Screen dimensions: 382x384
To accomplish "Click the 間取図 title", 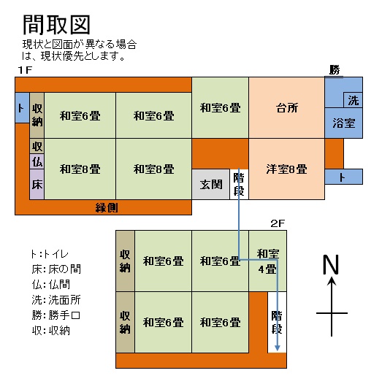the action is tap(56, 25).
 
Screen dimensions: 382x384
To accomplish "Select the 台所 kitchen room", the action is tap(287, 108).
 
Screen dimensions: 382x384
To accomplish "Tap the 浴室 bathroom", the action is tap(344, 123).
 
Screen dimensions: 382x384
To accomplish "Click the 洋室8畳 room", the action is tap(287, 169).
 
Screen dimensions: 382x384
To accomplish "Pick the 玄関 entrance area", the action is tap(211, 184).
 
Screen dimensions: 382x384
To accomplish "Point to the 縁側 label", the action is tap(107, 208).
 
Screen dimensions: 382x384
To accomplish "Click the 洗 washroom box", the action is tap(353, 100).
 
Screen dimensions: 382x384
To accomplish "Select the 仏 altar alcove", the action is tap(37, 161).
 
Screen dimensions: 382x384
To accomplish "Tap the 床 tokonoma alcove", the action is tap(37, 184).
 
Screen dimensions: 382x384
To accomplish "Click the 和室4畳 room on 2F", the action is tap(267, 261).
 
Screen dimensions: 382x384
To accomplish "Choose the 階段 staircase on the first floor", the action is tap(239, 184).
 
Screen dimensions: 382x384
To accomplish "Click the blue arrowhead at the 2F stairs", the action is tap(277, 347).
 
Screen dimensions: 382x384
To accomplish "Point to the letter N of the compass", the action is tap(332, 264).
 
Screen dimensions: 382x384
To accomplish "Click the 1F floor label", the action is tap(25, 70).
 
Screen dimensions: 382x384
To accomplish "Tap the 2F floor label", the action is tap(278, 223).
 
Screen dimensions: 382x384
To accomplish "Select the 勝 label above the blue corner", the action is tap(335, 70).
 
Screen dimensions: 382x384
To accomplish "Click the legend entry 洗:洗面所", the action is tap(56, 300).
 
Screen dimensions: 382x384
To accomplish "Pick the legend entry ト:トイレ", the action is tap(50, 254).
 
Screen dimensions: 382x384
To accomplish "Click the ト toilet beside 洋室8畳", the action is tap(344, 177).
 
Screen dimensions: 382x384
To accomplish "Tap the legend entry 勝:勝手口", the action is tap(56, 315).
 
